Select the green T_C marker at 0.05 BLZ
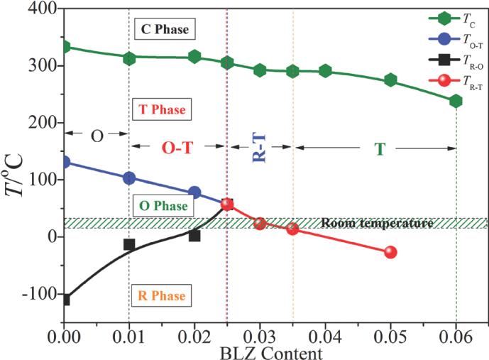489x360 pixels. [x=390, y=80]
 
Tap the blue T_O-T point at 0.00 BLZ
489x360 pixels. [x=65, y=162]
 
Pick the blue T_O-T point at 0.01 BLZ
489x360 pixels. [x=129, y=178]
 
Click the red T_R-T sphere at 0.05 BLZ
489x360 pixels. [x=390, y=252]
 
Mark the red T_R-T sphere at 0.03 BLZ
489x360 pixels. [x=260, y=223]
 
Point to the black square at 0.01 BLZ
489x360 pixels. [x=129, y=244]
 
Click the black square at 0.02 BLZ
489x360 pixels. [x=194, y=235]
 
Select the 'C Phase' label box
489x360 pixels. [x=163, y=29]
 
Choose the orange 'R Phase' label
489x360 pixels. [x=163, y=294]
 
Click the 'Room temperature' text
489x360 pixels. [x=377, y=223]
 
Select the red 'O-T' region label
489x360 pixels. [x=177, y=147]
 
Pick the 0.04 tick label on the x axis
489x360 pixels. [x=325, y=337]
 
